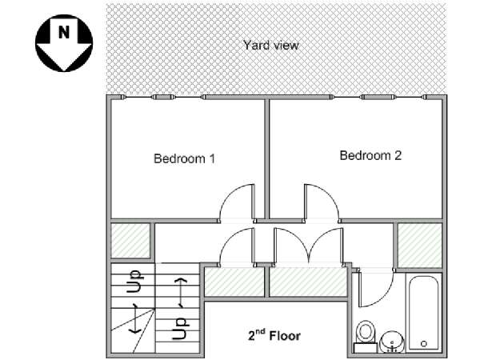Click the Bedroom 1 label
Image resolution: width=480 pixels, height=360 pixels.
(184, 158)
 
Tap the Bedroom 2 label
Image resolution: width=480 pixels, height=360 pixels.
(370, 155)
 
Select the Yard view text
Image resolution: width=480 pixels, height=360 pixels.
(271, 45)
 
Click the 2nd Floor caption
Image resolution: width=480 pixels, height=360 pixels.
(274, 335)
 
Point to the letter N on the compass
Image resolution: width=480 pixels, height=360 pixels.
(64, 32)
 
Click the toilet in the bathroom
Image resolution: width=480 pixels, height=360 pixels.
(366, 336)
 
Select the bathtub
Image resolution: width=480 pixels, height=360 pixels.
(424, 313)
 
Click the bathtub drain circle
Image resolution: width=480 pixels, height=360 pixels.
(424, 343)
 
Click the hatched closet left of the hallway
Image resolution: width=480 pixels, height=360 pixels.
(130, 240)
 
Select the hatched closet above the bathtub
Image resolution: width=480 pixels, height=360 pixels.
(420, 246)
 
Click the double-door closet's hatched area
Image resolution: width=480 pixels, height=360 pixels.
(308, 282)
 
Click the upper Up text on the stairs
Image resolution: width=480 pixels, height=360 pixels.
(134, 281)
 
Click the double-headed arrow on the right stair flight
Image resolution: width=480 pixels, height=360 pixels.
(182, 293)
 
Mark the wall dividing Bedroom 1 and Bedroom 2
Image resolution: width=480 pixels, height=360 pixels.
(266, 158)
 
